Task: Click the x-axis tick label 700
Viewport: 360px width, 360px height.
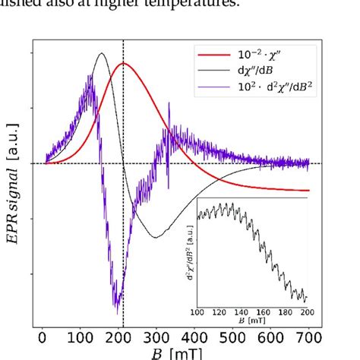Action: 309,339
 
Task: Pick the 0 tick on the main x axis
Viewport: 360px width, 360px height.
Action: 43,339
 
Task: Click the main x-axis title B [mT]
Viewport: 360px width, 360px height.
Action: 176,354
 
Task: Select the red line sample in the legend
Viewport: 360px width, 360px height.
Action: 212,55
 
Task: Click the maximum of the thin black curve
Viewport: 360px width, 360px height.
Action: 101,53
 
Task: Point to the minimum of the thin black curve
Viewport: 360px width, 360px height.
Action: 156,238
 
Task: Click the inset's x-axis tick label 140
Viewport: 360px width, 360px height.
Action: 240,311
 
